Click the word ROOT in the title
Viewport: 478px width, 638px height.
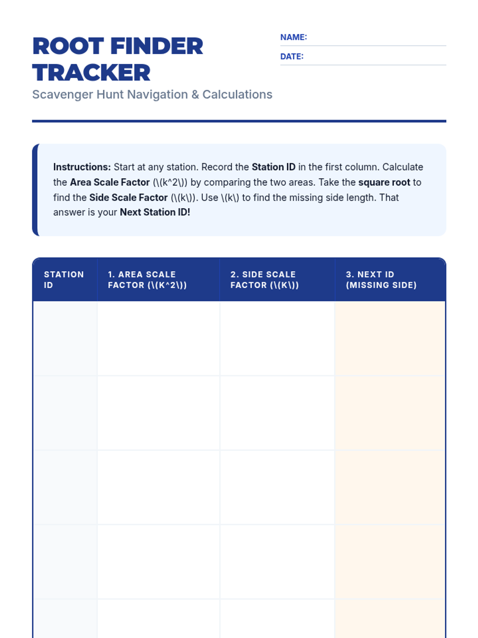point(68,46)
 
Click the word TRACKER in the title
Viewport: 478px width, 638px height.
point(91,73)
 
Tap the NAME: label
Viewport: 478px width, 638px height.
point(294,37)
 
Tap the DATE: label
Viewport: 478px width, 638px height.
point(292,56)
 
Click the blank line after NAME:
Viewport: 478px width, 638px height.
point(376,40)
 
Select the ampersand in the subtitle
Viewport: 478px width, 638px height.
point(195,95)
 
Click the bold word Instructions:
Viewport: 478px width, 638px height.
point(82,167)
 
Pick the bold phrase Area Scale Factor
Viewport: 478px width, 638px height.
point(110,182)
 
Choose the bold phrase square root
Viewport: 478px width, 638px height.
point(384,182)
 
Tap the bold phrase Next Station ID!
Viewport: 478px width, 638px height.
point(155,212)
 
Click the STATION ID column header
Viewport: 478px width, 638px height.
point(64,280)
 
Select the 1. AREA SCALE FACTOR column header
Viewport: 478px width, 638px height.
point(147,280)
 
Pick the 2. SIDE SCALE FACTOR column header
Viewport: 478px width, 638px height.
point(264,280)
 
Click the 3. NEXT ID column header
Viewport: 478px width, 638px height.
point(381,280)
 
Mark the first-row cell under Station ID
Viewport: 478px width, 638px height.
point(65,338)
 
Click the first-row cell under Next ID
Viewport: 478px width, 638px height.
point(390,338)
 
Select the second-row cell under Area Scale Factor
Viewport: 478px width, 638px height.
point(159,413)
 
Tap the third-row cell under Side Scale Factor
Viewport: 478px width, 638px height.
point(277,487)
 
